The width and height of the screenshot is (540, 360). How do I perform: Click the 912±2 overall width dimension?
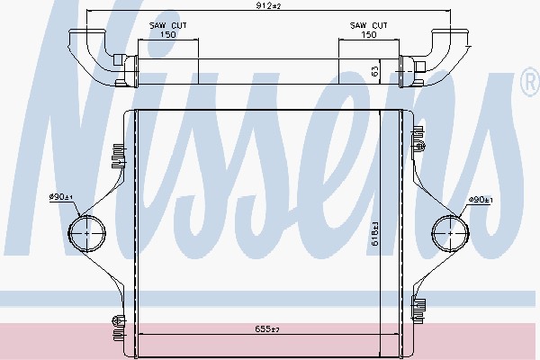coord(268,6)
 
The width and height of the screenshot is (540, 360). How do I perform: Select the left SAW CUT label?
coord(167,25)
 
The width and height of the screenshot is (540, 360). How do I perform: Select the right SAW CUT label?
coord(368,25)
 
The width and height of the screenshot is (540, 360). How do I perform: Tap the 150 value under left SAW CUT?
coord(167,35)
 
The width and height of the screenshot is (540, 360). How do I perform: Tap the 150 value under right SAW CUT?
coord(368,35)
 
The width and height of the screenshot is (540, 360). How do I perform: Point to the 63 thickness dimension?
coord(375,71)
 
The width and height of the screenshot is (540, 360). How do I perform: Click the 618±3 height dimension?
coord(375,233)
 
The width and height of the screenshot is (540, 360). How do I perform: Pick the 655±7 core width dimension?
coord(267,329)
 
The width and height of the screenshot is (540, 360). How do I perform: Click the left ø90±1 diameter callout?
coord(61,197)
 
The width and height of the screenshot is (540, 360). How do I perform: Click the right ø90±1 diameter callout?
coord(481,200)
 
